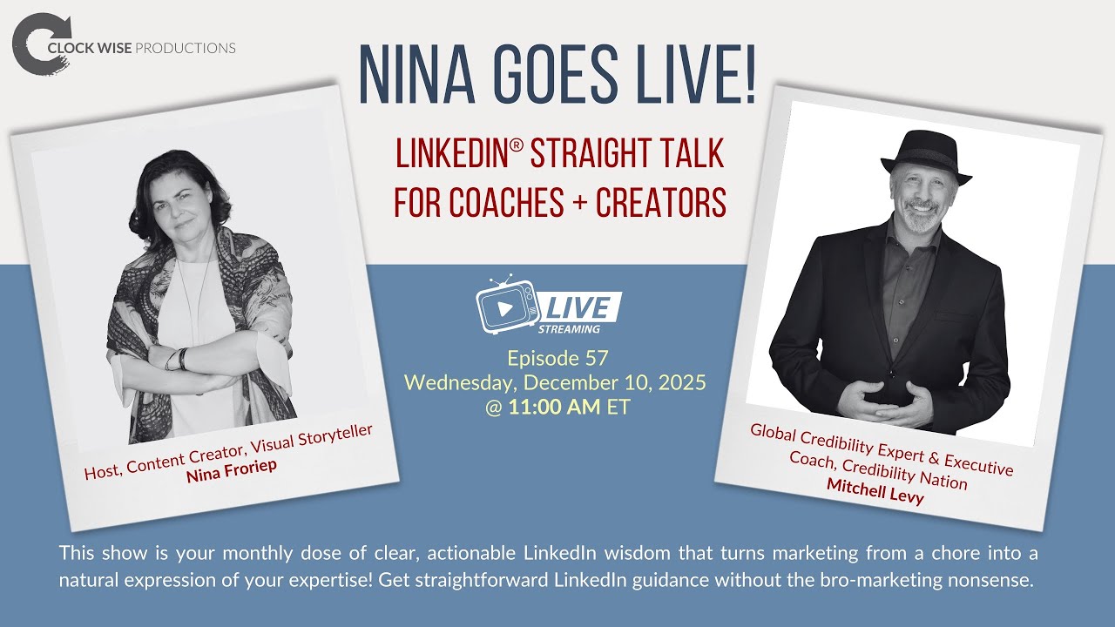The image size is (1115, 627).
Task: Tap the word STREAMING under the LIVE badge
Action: [x=568, y=329]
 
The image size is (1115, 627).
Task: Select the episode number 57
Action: [x=596, y=358]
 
